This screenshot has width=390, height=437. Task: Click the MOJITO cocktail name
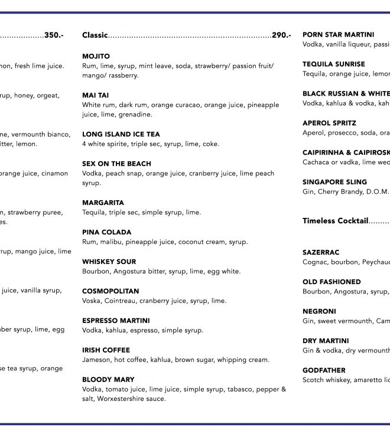click(96, 56)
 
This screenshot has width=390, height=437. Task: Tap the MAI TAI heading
click(95, 95)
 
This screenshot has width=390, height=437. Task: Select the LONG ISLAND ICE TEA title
click(121, 134)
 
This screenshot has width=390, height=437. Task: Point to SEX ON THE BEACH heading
click(116, 164)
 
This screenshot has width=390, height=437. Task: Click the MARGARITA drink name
click(103, 203)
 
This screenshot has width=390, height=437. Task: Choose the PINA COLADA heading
click(106, 232)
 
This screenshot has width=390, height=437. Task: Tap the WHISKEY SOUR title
click(109, 262)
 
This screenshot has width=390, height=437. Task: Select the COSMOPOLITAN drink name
click(110, 291)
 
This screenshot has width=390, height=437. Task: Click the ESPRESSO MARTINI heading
click(116, 321)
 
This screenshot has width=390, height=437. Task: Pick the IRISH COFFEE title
click(106, 350)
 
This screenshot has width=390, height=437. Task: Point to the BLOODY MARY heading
click(108, 380)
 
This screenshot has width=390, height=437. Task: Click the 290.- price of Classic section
click(281, 35)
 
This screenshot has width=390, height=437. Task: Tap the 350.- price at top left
click(54, 35)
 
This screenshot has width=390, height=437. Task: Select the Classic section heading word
click(95, 35)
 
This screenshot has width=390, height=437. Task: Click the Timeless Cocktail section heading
click(335, 221)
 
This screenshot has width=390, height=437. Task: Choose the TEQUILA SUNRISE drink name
click(334, 64)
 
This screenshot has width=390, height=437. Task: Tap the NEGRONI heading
click(319, 311)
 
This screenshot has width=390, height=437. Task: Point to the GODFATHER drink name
click(324, 370)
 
